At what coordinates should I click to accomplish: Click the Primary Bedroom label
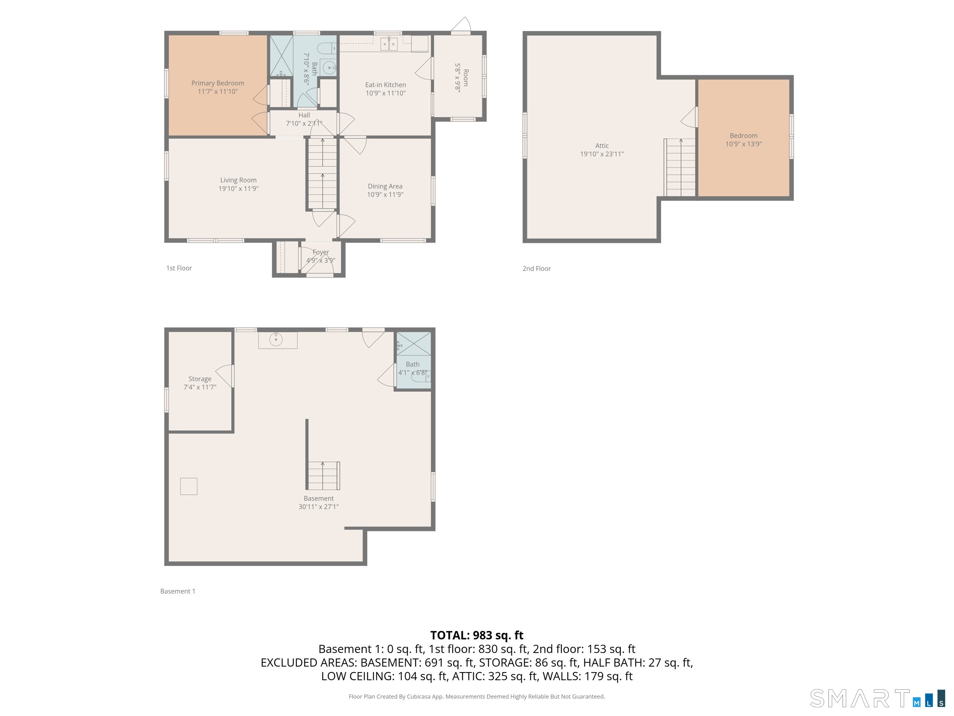coord(218,83)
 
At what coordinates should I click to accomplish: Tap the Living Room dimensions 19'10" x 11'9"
coord(238,188)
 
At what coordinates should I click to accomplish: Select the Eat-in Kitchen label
coord(385,85)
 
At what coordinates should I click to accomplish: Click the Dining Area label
coord(385,186)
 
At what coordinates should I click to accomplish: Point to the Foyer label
coord(321,252)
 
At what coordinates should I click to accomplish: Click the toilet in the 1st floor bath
coord(327,48)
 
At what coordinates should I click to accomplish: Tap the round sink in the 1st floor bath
coord(329,67)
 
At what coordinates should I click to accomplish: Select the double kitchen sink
coord(388,44)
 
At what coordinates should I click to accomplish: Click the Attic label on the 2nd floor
coord(602,145)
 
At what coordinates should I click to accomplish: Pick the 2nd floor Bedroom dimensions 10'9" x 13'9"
coord(743,144)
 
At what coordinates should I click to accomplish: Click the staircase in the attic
coord(680,168)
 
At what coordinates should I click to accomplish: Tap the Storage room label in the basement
coord(200,378)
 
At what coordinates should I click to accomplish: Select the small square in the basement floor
coord(189,486)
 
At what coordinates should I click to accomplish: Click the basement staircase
coord(324,475)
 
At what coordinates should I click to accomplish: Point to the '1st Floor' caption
coord(179,268)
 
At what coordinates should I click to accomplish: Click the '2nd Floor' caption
coord(537,268)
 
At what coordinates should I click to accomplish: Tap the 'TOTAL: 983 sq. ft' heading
coord(477,635)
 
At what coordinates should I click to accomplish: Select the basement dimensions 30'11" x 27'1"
coord(318,507)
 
